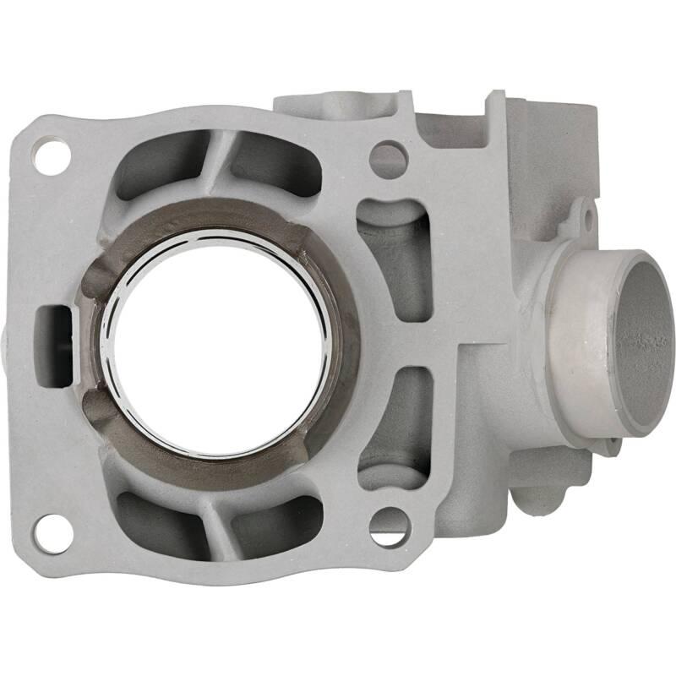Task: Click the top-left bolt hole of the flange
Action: coord(51,157)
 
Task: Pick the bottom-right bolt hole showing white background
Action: coord(388,527)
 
